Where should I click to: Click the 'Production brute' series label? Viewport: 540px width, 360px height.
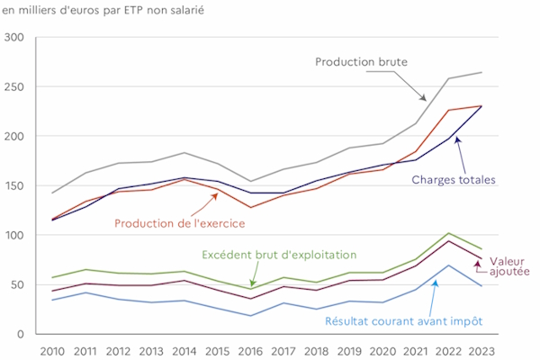362,62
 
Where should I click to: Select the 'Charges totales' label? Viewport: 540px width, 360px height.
454,179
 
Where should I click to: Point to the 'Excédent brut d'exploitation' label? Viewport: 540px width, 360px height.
279,256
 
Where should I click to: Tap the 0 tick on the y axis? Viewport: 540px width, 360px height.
24,334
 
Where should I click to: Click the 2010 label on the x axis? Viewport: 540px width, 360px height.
52,348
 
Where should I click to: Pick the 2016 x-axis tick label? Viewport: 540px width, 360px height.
250,348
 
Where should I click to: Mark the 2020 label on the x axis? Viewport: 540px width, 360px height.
382,348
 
